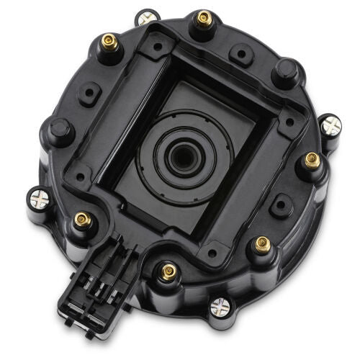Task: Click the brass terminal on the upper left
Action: point(110,40)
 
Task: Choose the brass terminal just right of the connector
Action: point(169,271)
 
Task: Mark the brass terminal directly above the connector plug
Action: point(81,218)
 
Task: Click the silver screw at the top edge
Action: point(148,17)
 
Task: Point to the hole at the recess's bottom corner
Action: point(210,251)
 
